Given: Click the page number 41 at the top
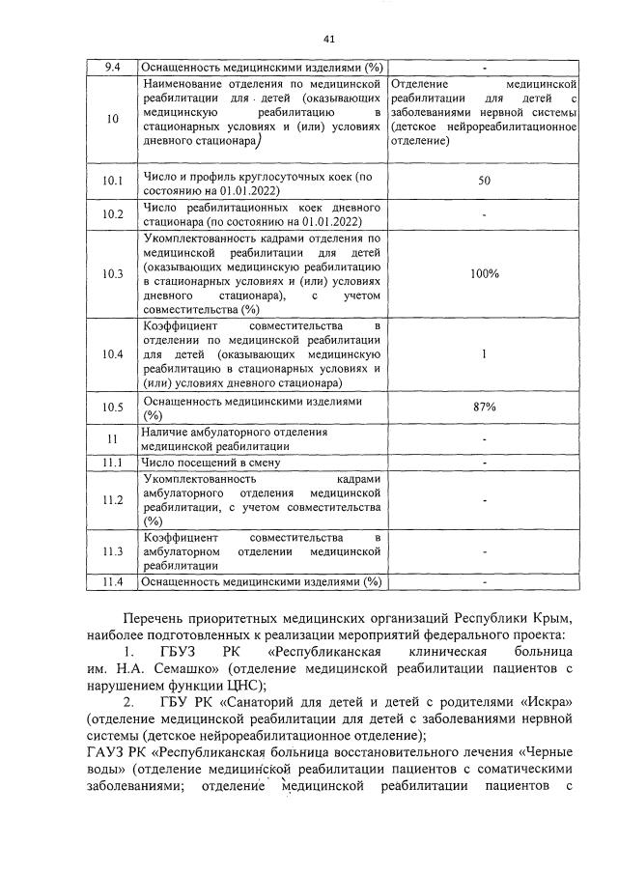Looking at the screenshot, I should click(x=327, y=39).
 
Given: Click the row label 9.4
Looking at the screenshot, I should click(x=112, y=68).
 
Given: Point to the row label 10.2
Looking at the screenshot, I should click(x=112, y=214).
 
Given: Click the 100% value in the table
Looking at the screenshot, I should click(x=484, y=273).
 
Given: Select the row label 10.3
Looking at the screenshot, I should click(x=112, y=273).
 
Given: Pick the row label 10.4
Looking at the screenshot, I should click(x=112, y=354).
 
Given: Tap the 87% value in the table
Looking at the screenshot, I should click(x=484, y=407).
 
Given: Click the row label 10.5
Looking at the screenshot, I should click(x=112, y=407).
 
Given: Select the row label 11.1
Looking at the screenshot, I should click(x=112, y=463).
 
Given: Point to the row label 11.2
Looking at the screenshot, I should click(x=112, y=499).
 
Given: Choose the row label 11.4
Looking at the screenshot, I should click(x=112, y=581).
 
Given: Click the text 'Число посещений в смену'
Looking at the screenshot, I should click(x=211, y=463).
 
